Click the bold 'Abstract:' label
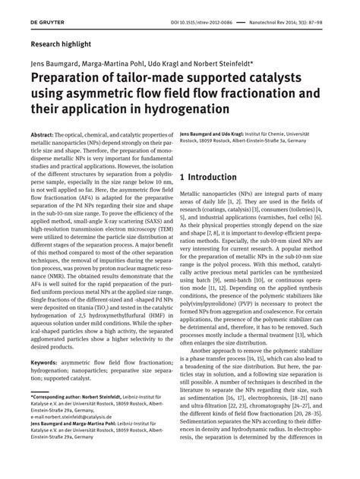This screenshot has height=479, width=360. coord(45,134)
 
